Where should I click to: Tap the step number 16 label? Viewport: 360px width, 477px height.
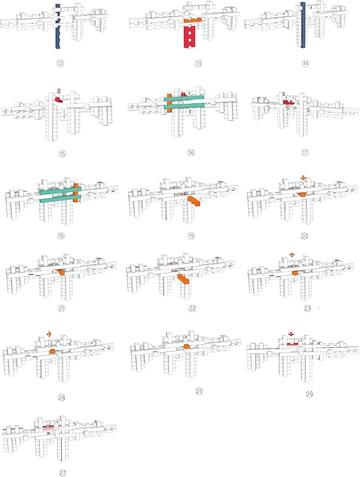191,152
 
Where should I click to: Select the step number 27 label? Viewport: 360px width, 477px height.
63,473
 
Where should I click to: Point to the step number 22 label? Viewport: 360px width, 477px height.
192,308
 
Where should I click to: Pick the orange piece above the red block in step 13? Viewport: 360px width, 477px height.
193,21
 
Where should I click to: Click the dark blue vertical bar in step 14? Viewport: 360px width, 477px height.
302,25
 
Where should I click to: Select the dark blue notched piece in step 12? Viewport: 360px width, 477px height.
58,26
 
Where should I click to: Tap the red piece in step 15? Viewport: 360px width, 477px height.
59,99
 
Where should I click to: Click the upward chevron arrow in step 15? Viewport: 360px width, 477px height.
59,90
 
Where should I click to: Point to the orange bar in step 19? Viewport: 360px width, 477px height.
194,201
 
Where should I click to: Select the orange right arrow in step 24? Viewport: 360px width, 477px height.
49,334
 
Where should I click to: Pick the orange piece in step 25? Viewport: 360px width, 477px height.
187,347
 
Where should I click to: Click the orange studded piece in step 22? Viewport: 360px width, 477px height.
184,278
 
